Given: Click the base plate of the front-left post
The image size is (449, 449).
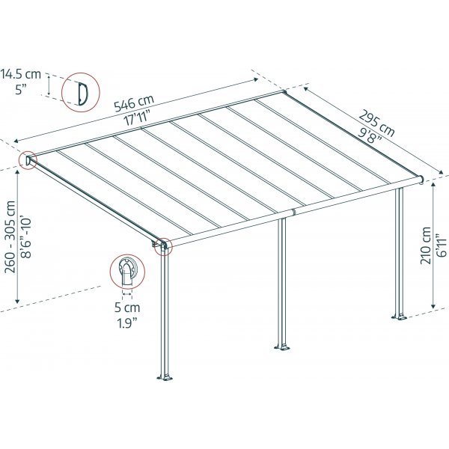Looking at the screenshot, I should tap(165, 376).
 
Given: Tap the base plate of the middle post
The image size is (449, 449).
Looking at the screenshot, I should tap(283, 346).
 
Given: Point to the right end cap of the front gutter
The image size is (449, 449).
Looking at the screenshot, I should tap(424, 180).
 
